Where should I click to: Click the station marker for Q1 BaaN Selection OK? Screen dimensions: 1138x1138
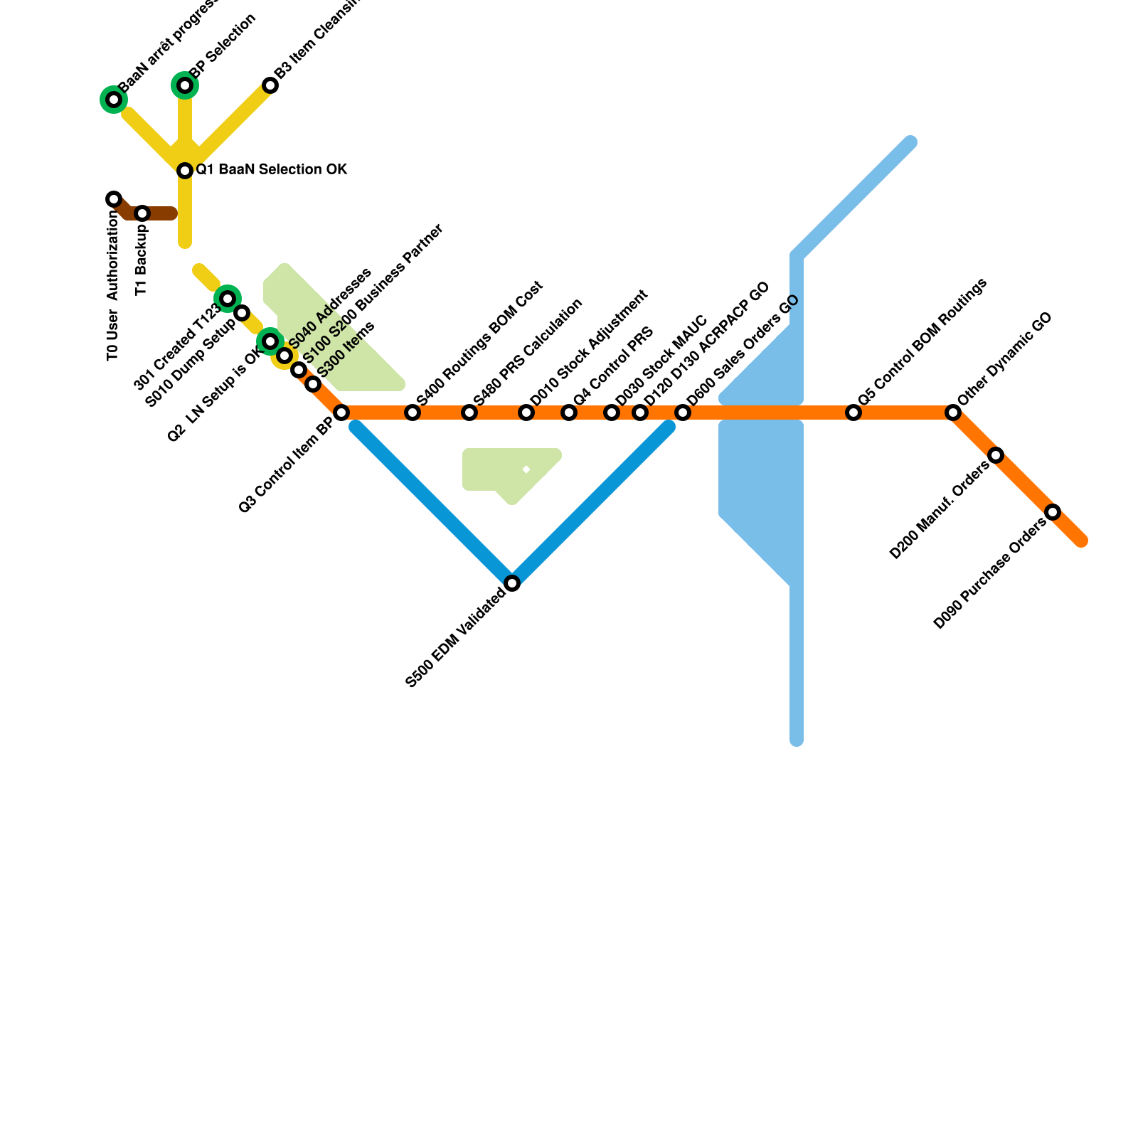[185, 171]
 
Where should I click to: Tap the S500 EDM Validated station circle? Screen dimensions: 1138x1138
[512, 583]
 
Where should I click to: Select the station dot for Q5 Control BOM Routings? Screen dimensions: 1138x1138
[854, 413]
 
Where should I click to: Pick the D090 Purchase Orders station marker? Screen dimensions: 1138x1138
[1053, 512]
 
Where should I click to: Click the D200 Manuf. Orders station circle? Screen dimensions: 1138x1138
[996, 455]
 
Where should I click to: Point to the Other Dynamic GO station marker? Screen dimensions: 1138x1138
[953, 413]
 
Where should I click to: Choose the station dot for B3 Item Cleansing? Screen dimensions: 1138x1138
[270, 85]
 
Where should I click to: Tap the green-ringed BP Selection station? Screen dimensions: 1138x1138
[185, 85]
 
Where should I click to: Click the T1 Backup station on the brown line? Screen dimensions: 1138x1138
[142, 213]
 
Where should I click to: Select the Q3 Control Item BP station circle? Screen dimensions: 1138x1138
[341, 413]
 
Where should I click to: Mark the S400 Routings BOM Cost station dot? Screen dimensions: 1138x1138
[413, 413]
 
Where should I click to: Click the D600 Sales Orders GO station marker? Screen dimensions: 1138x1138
[683, 413]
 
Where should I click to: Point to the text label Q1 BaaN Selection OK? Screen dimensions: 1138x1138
[271, 170]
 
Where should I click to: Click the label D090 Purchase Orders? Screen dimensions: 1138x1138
[989, 575]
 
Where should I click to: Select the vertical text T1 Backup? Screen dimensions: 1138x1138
[142, 260]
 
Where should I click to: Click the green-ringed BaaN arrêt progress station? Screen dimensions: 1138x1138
[114, 100]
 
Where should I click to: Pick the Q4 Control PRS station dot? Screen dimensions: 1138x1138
[569, 413]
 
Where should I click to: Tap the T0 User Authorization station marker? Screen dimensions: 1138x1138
[114, 199]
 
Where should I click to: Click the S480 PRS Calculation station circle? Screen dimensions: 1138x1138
[469, 413]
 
